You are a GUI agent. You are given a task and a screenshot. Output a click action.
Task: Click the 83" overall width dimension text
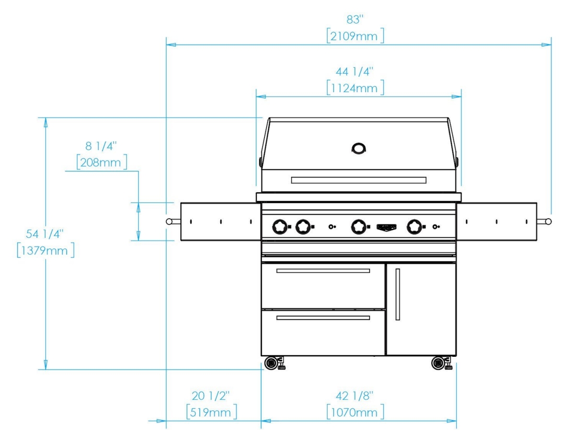pyautogui.click(x=355, y=20)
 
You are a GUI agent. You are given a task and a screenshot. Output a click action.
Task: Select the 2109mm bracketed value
pyautogui.click(x=356, y=36)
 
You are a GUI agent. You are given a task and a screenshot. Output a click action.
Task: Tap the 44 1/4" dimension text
pyautogui.click(x=354, y=72)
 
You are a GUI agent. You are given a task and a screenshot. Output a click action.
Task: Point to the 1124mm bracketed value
pyautogui.click(x=356, y=88)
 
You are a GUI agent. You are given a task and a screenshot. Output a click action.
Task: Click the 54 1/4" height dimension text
pyautogui.click(x=45, y=234)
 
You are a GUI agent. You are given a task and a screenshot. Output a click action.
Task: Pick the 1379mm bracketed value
pyautogui.click(x=46, y=250)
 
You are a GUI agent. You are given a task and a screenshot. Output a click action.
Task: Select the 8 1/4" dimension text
pyautogui.click(x=101, y=146)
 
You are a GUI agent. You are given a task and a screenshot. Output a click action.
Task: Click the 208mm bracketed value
pyautogui.click(x=102, y=162)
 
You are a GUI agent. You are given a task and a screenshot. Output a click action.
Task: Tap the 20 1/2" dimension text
pyautogui.click(x=211, y=396)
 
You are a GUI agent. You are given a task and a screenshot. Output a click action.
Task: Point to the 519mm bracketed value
pyautogui.click(x=212, y=412)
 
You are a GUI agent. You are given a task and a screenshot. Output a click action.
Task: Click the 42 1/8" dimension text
pyautogui.click(x=354, y=396)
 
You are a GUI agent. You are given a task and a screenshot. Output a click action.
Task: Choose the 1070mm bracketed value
pyautogui.click(x=356, y=412)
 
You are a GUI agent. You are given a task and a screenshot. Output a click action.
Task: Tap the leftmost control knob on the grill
pyautogui.click(x=280, y=227)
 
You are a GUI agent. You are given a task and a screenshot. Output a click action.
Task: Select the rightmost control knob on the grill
pyautogui.click(x=414, y=227)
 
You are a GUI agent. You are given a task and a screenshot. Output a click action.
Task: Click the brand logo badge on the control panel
pyautogui.click(x=387, y=227)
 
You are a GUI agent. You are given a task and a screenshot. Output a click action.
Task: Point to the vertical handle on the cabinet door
pyautogui.click(x=397, y=294)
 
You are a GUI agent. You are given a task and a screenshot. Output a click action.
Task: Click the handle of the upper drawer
pyautogui.click(x=323, y=271)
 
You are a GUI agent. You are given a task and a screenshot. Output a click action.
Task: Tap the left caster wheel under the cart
pyautogui.click(x=271, y=363)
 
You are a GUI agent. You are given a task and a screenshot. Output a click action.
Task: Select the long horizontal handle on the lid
pyautogui.click(x=358, y=180)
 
